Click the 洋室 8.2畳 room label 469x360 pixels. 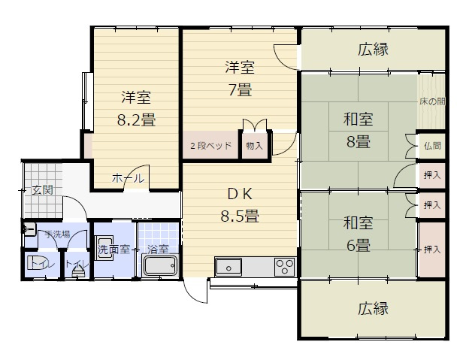pos(135,108)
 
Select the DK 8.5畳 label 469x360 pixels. pos(240,205)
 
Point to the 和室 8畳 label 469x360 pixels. pos(358,130)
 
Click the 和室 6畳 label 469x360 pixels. pos(358,234)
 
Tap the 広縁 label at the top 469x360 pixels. pos(373,50)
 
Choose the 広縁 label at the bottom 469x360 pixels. pos(373,309)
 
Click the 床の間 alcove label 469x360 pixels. pos(432,101)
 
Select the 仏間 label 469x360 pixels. pos(432,146)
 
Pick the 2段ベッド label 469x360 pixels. pos(210,145)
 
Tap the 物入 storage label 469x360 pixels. pos(254,146)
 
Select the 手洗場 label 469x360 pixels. pos(56,234)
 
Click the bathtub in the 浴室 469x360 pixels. pos(159,267)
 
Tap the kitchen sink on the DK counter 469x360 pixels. pos(228,266)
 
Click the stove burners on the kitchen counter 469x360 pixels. pos(285,267)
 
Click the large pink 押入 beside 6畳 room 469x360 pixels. pos(431,249)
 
